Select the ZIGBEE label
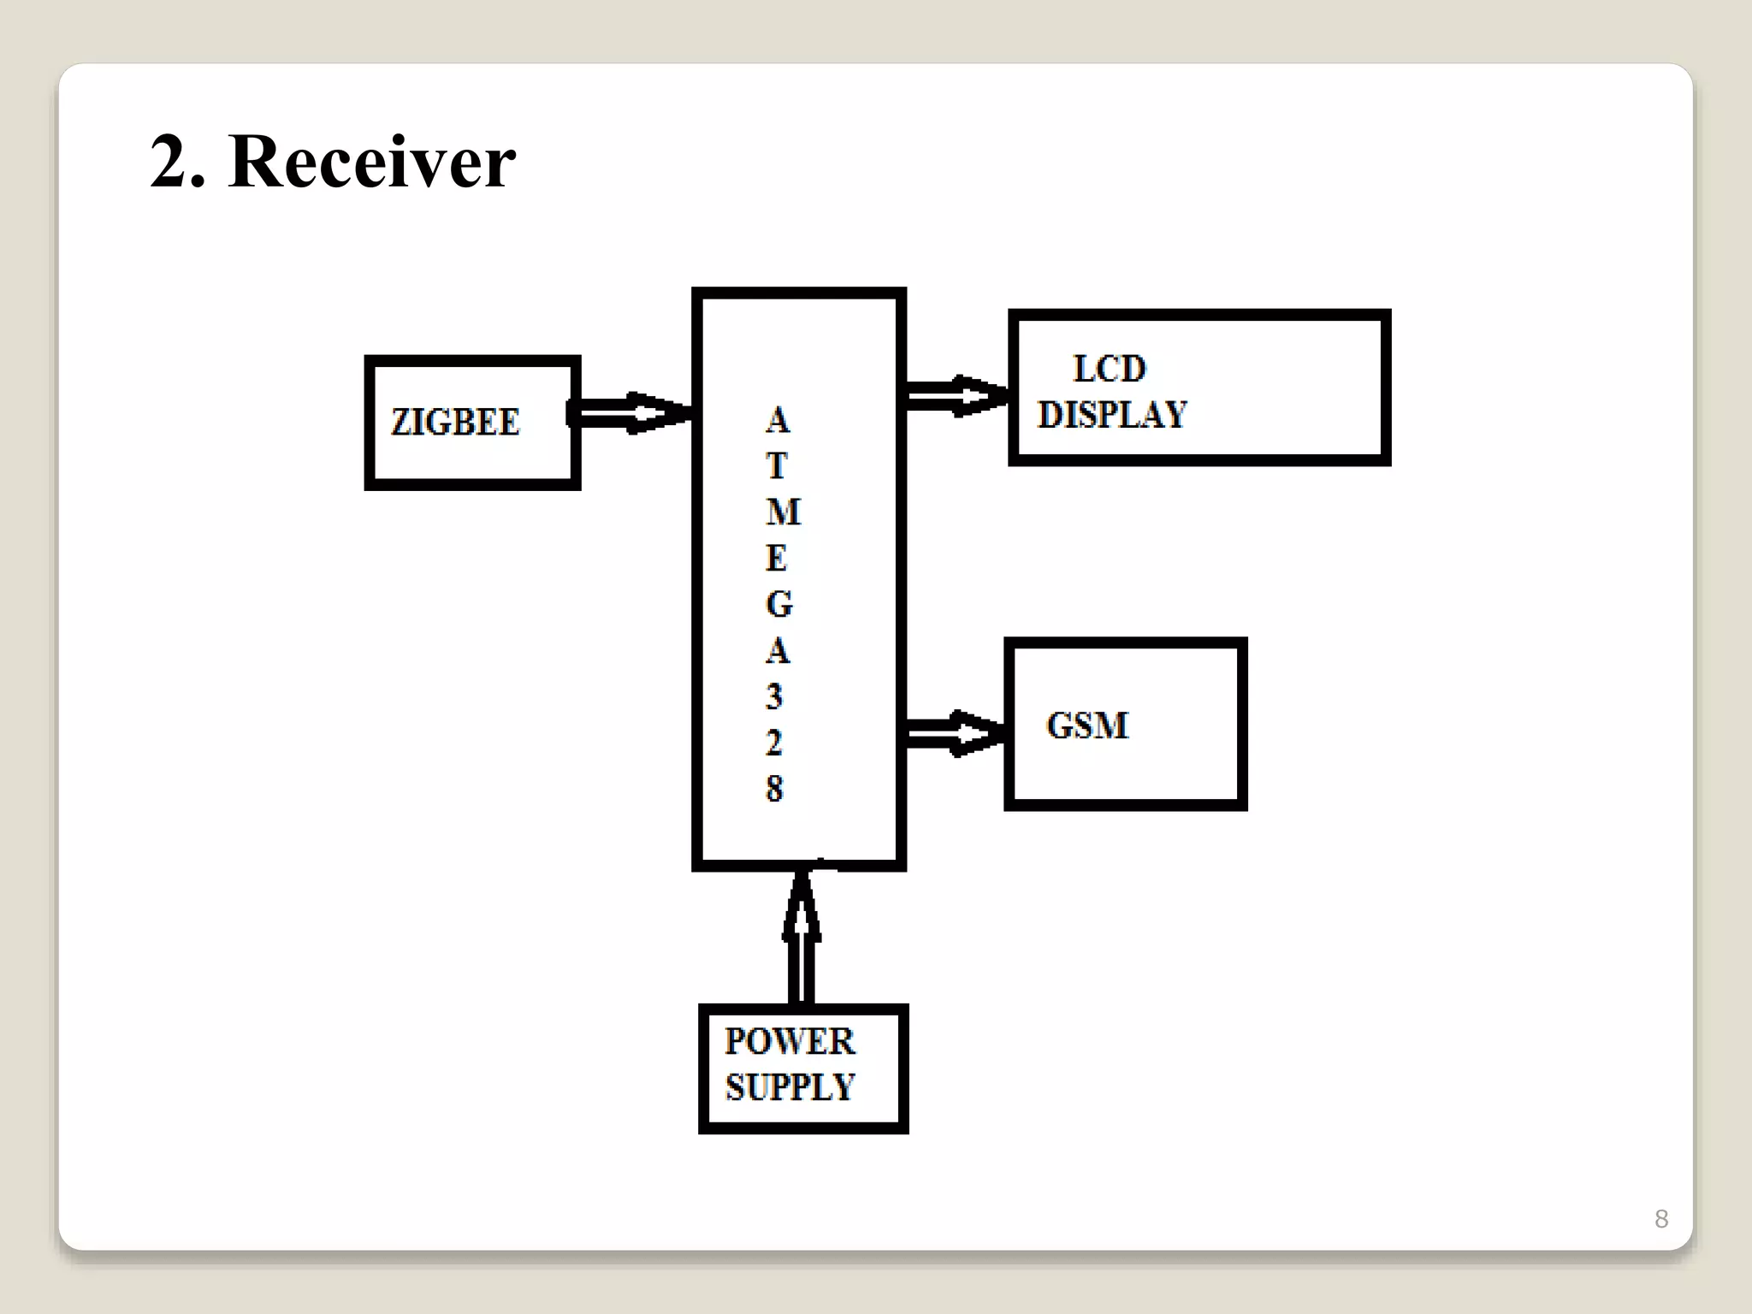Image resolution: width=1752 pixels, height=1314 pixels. coord(455,423)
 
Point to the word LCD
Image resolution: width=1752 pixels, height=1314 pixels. coord(1109,370)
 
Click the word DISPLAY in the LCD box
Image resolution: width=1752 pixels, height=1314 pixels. coord(1112,415)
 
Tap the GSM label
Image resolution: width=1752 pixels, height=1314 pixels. coord(1087,725)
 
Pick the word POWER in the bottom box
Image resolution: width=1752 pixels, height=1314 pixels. coord(789,1041)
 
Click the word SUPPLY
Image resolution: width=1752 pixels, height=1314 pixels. coord(789,1087)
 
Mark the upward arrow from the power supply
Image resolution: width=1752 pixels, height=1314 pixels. coord(802,937)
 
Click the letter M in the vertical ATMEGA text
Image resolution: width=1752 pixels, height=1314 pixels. coord(782,512)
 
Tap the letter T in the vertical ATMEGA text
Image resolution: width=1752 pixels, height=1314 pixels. coord(776,466)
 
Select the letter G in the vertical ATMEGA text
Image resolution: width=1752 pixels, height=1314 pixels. coord(778,605)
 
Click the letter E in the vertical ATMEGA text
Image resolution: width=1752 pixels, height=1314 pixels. coord(776,559)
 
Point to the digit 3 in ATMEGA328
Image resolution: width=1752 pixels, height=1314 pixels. coord(774,697)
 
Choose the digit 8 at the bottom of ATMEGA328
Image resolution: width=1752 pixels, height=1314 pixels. coord(774,789)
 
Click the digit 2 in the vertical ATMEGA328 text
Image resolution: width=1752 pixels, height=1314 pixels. coord(774,743)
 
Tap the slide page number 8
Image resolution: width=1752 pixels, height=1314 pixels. coord(1660,1218)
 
